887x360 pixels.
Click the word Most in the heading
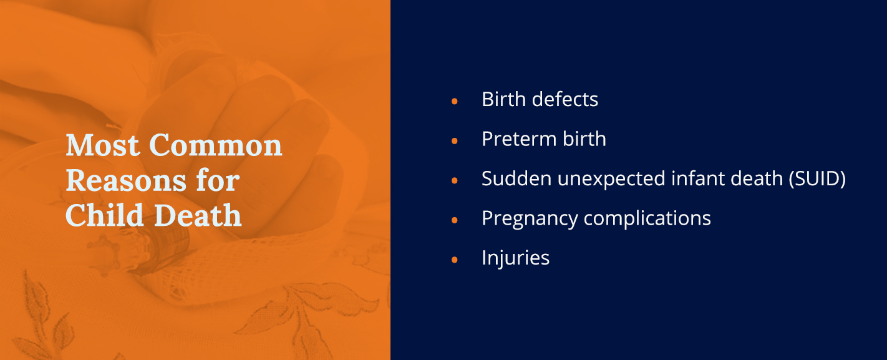pyautogui.click(x=103, y=145)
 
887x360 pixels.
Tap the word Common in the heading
pyautogui.click(x=216, y=145)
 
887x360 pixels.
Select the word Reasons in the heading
pyautogui.click(x=126, y=180)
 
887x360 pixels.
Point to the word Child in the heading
pyautogui.click(x=104, y=215)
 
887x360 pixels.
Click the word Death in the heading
pyautogui.click(x=198, y=215)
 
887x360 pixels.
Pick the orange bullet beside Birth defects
pyautogui.click(x=455, y=101)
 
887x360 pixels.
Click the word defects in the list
pyautogui.click(x=565, y=99)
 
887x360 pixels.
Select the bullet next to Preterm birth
pyautogui.click(x=455, y=141)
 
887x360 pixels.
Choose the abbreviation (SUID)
pyautogui.click(x=817, y=179)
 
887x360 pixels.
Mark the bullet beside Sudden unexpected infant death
pyautogui.click(x=455, y=180)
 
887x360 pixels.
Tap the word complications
pyautogui.click(x=647, y=218)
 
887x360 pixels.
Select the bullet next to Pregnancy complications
pyautogui.click(x=455, y=220)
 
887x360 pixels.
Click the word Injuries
pyautogui.click(x=516, y=258)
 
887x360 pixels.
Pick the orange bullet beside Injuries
pyautogui.click(x=455, y=260)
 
